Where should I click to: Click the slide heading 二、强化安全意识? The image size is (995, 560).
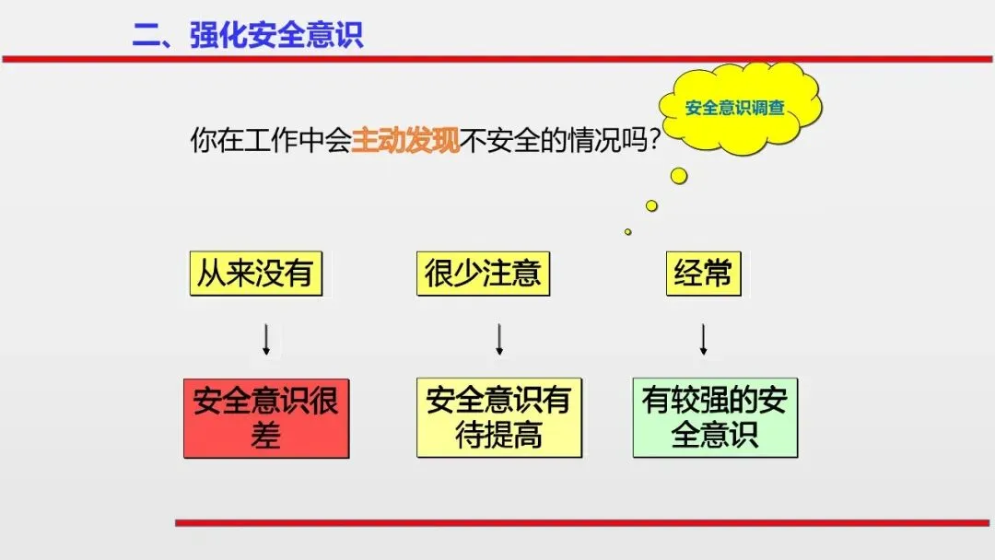pyautogui.click(x=248, y=34)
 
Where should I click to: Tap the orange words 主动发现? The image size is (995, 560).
pyautogui.click(x=405, y=141)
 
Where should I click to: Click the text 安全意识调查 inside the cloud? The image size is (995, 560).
pyautogui.click(x=734, y=108)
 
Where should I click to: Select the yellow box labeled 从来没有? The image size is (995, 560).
pyautogui.click(x=255, y=274)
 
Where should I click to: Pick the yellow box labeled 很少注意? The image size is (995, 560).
pyautogui.click(x=483, y=274)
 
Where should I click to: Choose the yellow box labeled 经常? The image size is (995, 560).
pyautogui.click(x=703, y=274)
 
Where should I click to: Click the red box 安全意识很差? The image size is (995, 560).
pyautogui.click(x=266, y=417)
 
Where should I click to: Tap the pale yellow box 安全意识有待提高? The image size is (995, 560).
pyautogui.click(x=498, y=417)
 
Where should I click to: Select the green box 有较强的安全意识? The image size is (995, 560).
pyautogui.click(x=715, y=417)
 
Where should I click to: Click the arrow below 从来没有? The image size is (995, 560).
pyautogui.click(x=266, y=339)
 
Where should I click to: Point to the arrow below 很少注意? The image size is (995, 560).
pyautogui.click(x=499, y=339)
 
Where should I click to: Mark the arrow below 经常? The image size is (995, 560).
pyautogui.click(x=704, y=339)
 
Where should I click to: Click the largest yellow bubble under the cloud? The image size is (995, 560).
pyautogui.click(x=679, y=175)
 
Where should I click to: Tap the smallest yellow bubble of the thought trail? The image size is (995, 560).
pyautogui.click(x=628, y=232)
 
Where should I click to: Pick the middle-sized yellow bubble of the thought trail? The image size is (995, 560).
pyautogui.click(x=651, y=205)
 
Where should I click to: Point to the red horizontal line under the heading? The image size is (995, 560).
pyautogui.click(x=497, y=59)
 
